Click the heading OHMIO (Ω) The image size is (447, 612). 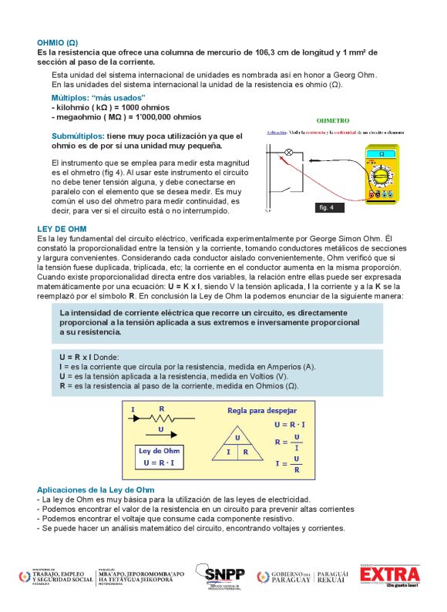[57, 42]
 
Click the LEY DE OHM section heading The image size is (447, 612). [62, 229]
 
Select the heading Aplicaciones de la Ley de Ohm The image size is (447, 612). [96, 489]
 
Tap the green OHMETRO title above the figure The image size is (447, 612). [333, 121]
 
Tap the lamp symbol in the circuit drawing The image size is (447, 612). [289, 153]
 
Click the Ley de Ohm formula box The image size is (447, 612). [160, 456]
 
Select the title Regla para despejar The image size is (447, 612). [261, 411]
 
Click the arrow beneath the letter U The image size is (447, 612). [160, 437]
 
